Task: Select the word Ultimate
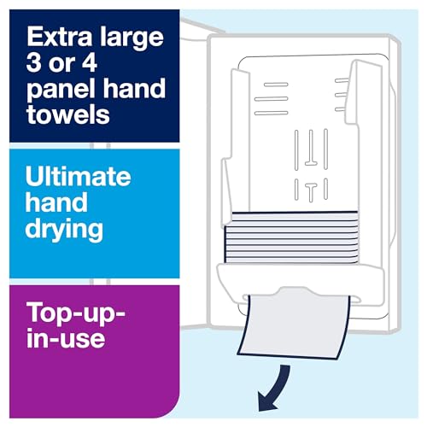click(79, 177)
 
